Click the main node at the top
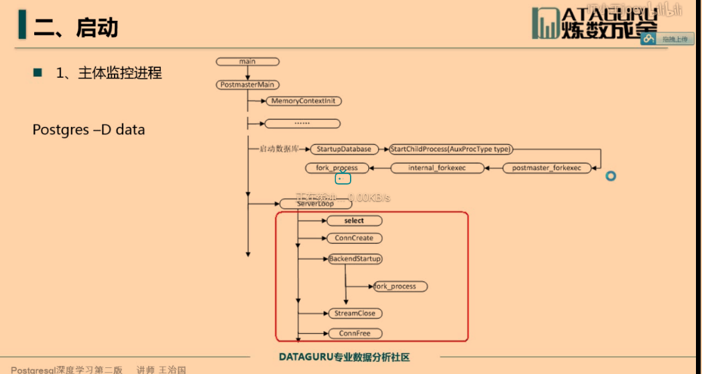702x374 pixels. point(247,62)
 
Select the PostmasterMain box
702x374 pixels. point(249,85)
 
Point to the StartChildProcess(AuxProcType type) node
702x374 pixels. point(450,149)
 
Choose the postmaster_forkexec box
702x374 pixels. point(546,168)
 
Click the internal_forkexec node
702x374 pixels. point(436,168)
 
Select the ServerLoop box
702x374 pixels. point(315,203)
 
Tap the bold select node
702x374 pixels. point(354,221)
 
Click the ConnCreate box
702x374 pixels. point(354,238)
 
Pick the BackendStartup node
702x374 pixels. point(355,259)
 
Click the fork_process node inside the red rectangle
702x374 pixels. point(400,287)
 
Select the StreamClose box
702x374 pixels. point(355,314)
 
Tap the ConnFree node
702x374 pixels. point(355,334)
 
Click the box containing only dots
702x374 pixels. point(302,124)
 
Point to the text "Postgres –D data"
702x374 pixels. point(89,130)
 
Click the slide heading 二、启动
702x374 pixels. point(76,28)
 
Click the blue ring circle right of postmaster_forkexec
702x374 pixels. point(610,176)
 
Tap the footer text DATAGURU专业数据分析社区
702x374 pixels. point(344,357)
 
